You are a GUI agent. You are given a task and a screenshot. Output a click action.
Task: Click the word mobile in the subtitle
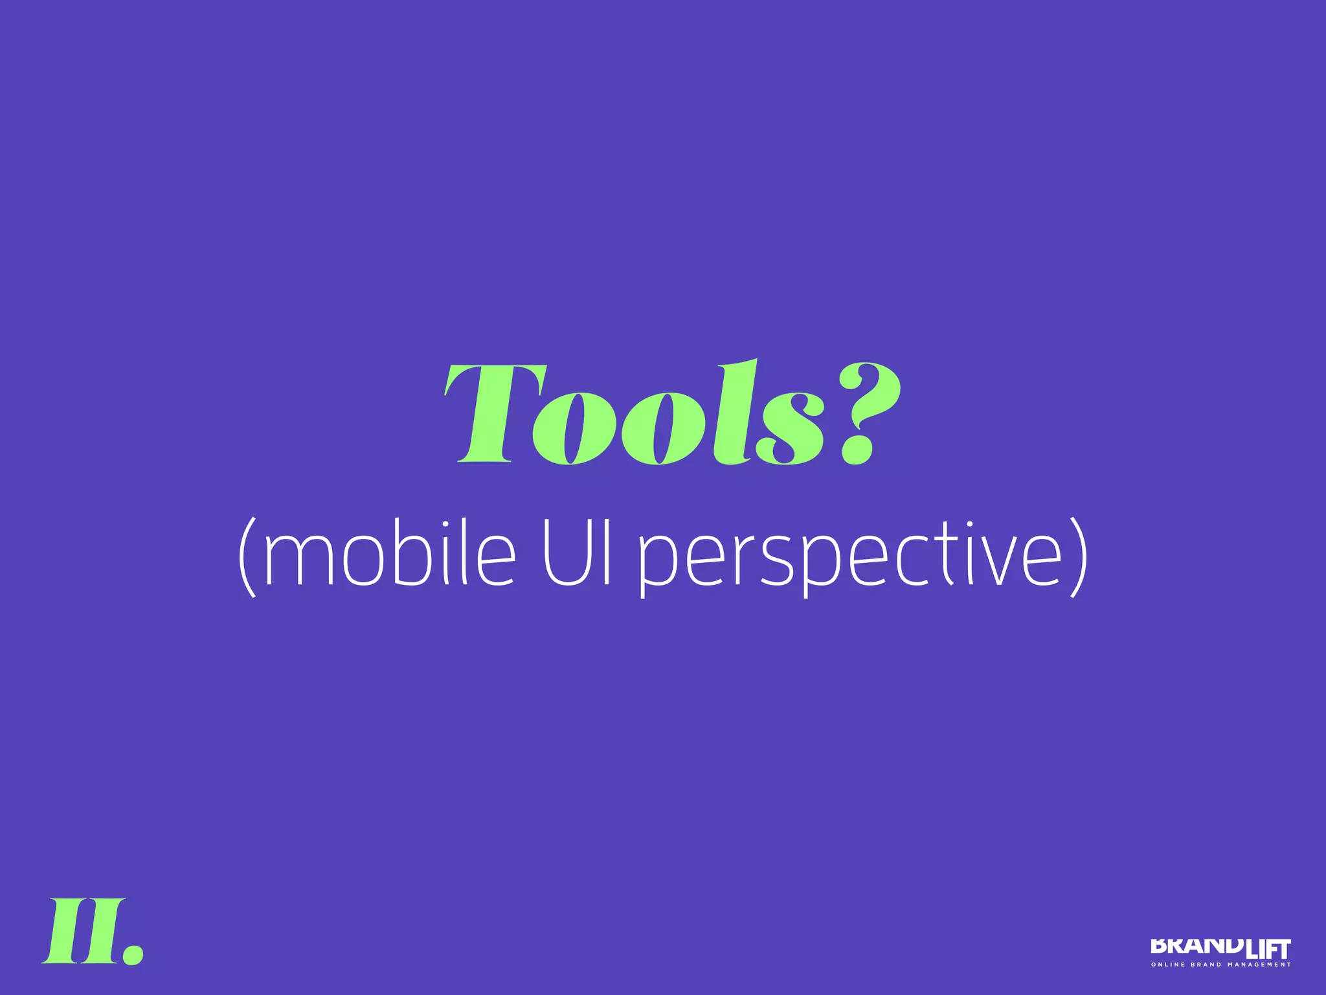(x=388, y=554)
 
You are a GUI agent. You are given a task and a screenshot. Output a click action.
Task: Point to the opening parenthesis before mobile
(x=248, y=556)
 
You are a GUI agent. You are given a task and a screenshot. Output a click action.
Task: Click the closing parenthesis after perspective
(x=1079, y=556)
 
